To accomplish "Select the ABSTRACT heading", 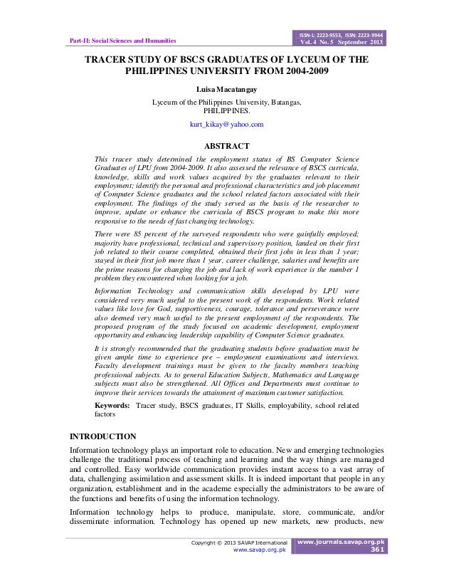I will pyautogui.click(x=226, y=146).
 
